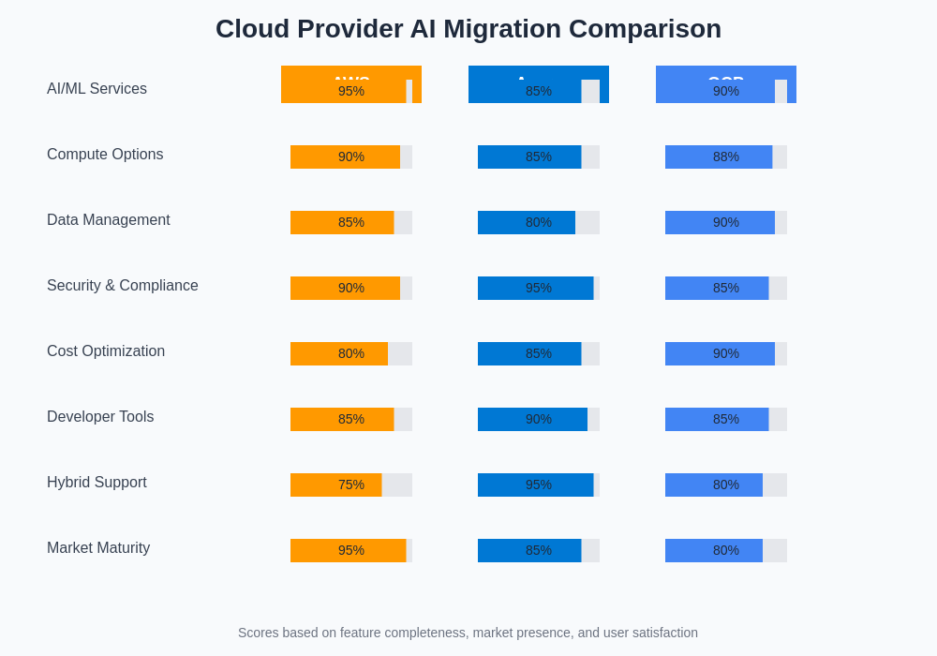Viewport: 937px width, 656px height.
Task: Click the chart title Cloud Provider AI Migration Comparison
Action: coord(468,29)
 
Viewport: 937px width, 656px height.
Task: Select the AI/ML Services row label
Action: coord(97,89)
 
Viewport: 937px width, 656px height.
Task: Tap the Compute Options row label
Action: coord(105,155)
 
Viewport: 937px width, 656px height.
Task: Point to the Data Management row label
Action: coord(109,220)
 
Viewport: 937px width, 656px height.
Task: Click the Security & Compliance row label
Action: coord(123,286)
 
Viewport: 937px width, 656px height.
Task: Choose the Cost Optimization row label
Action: coord(106,351)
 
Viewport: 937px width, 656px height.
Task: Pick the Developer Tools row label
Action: coord(100,417)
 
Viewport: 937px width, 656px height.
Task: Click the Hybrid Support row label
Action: coord(97,483)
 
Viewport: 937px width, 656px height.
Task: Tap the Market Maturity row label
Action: coord(98,548)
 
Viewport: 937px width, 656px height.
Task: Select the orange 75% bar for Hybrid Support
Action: coord(335,485)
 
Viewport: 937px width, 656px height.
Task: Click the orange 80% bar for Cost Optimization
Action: coord(339,353)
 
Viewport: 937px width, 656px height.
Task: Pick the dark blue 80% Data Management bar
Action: coord(527,222)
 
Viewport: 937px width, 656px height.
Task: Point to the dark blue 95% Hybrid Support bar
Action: coord(535,485)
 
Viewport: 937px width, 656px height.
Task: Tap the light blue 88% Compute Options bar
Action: coord(719,157)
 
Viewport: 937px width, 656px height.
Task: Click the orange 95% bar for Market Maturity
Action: coord(348,550)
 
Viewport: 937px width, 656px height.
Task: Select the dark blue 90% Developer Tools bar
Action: coord(532,419)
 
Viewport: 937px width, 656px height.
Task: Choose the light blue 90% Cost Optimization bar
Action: coord(720,353)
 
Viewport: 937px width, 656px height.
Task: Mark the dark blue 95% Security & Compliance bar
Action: coord(535,288)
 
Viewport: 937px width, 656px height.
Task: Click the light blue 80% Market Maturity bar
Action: coord(714,550)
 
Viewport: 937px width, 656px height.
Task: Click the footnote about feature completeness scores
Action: coord(468,633)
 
